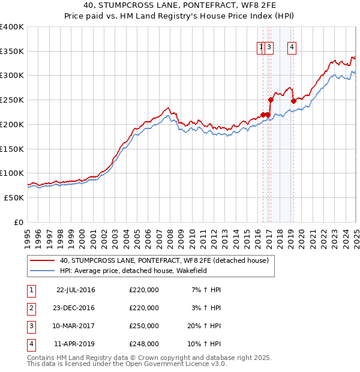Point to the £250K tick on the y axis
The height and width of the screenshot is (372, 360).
[x=12, y=100]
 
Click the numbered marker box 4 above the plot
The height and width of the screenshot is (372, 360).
[x=292, y=48]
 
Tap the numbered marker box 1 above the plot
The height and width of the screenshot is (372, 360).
[x=262, y=48]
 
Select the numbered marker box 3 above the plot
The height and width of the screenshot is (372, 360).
[x=269, y=48]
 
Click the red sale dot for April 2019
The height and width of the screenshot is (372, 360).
[x=293, y=101]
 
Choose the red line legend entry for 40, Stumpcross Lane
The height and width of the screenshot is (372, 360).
[x=167, y=260]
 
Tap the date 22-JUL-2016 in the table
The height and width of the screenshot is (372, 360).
[x=76, y=290]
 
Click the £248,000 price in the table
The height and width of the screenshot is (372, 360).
[x=144, y=344]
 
